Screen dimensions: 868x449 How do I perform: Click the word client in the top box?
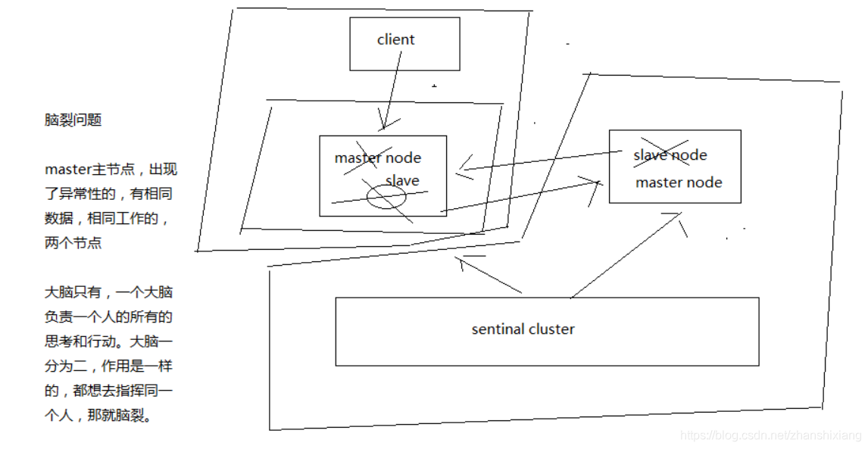(395, 40)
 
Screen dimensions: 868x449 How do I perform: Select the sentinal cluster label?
(523, 329)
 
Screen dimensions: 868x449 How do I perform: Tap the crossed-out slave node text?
(670, 155)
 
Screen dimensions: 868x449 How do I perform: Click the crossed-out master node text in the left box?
(377, 157)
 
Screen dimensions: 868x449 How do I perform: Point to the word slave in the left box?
(402, 180)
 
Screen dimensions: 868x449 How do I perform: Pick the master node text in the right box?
(679, 182)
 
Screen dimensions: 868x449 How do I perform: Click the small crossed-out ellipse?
(386, 197)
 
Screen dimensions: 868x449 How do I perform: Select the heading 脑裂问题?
(73, 120)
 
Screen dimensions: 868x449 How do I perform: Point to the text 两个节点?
(73, 243)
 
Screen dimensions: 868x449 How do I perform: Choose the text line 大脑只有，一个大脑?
(108, 292)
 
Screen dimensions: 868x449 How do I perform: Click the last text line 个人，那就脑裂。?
(98, 415)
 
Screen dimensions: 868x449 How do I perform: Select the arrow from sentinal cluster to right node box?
(626, 255)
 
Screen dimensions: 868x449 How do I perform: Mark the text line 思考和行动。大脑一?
(108, 341)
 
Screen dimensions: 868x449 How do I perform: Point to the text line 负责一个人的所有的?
(108, 316)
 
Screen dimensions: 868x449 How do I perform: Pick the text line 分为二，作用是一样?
(108, 366)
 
